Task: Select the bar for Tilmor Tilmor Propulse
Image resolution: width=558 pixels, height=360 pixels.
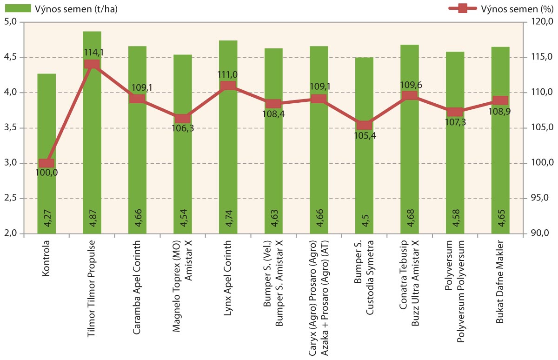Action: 92,140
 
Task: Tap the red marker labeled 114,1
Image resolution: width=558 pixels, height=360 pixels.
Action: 92,64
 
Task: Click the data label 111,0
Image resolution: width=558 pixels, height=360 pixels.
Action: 228,74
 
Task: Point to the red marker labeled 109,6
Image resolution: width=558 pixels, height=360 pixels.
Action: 410,96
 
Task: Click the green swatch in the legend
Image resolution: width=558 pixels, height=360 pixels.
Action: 19,9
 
